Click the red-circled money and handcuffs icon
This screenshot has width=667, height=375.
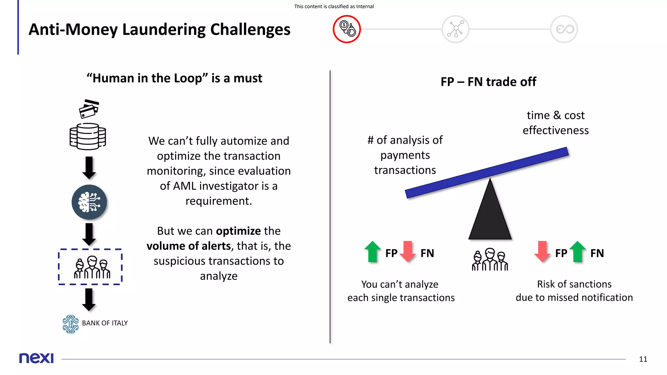(x=347, y=29)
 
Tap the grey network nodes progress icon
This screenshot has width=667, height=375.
(x=455, y=29)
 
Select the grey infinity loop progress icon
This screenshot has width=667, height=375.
(x=564, y=29)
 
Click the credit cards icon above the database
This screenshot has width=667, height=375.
(x=89, y=109)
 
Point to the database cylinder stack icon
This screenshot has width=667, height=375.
(x=88, y=136)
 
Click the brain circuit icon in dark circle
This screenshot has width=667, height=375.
(x=89, y=202)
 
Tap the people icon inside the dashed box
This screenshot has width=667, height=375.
(x=92, y=267)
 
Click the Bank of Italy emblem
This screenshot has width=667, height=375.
(x=71, y=324)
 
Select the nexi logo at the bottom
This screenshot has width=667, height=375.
(x=36, y=358)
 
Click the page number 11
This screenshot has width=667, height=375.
(x=643, y=359)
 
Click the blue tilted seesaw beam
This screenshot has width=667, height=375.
(x=487, y=173)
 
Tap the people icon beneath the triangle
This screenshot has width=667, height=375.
(x=490, y=259)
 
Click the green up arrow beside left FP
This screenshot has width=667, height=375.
(x=373, y=251)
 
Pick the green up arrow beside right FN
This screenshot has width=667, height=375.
(x=577, y=251)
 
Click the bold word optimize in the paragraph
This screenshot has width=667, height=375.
(x=238, y=231)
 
